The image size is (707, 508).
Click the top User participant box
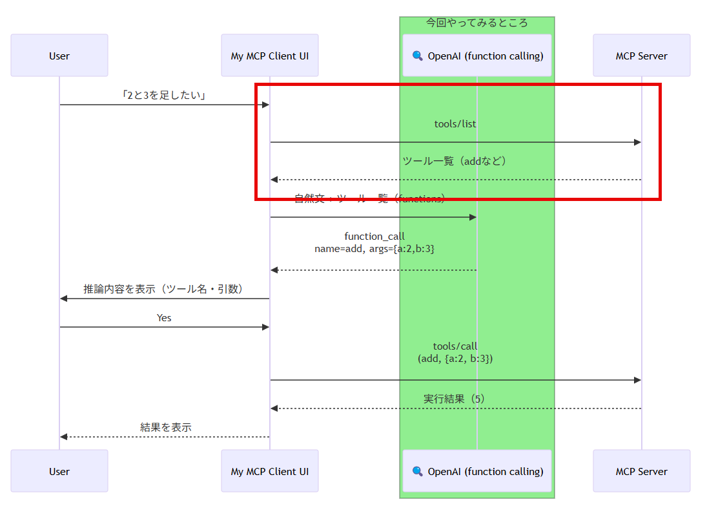click(x=59, y=56)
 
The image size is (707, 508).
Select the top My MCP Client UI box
click(x=270, y=56)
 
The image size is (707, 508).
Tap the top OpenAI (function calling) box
click(x=477, y=56)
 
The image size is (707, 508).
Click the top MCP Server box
click(x=641, y=56)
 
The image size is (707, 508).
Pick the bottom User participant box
click(x=59, y=471)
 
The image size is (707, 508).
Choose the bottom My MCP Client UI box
click(x=270, y=471)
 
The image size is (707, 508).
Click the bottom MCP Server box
click(x=641, y=471)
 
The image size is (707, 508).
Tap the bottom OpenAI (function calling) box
click(x=477, y=471)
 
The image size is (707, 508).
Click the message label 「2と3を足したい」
click(x=164, y=96)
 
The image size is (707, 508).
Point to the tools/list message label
click(x=455, y=123)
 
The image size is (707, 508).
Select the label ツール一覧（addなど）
click(x=455, y=161)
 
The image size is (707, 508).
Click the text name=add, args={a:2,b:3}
click(x=374, y=248)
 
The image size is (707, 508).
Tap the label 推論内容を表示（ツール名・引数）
click(x=164, y=289)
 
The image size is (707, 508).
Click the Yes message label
click(x=164, y=318)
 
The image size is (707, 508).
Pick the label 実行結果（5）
click(x=455, y=399)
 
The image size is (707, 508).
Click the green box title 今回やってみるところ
click(x=476, y=23)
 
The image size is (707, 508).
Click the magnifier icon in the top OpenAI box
click(x=418, y=56)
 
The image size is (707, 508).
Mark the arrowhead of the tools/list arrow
click(x=637, y=142)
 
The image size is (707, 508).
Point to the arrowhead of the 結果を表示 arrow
click(x=64, y=437)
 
